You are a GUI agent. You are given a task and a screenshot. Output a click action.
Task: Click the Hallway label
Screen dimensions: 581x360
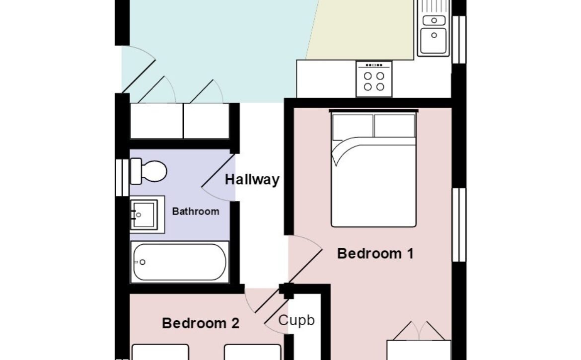pyautogui.click(x=252, y=180)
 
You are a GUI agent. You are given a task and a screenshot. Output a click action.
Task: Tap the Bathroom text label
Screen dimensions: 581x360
pyautogui.click(x=196, y=212)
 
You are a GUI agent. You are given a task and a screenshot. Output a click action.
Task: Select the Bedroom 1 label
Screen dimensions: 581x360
pyautogui.click(x=375, y=253)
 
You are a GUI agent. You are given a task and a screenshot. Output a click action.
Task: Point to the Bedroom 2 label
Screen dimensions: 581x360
pyautogui.click(x=201, y=323)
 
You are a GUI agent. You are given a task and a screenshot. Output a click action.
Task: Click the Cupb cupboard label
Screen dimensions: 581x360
pyautogui.click(x=296, y=320)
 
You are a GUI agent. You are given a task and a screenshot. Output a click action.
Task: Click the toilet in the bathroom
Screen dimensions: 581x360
pyautogui.click(x=148, y=171)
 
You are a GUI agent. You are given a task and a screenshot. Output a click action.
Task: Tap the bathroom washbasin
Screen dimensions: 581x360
pyautogui.click(x=147, y=215)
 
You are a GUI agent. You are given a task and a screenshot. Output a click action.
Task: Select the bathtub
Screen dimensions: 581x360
pyautogui.click(x=180, y=262)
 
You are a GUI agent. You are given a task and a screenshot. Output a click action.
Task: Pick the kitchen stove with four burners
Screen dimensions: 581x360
pyautogui.click(x=374, y=79)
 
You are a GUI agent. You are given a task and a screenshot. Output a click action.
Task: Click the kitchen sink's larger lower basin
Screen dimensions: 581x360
pyautogui.click(x=434, y=40)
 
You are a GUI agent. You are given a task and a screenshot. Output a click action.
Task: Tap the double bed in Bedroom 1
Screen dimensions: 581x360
pyautogui.click(x=373, y=168)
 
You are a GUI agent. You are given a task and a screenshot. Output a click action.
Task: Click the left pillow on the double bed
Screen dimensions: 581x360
pyautogui.click(x=353, y=127)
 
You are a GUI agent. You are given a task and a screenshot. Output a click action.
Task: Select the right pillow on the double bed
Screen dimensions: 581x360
pyautogui.click(x=394, y=126)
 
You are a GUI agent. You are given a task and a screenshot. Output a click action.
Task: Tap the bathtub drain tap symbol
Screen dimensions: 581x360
pyautogui.click(x=141, y=262)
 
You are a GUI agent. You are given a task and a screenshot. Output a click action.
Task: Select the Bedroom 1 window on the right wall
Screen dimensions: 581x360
pyautogui.click(x=459, y=225)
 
